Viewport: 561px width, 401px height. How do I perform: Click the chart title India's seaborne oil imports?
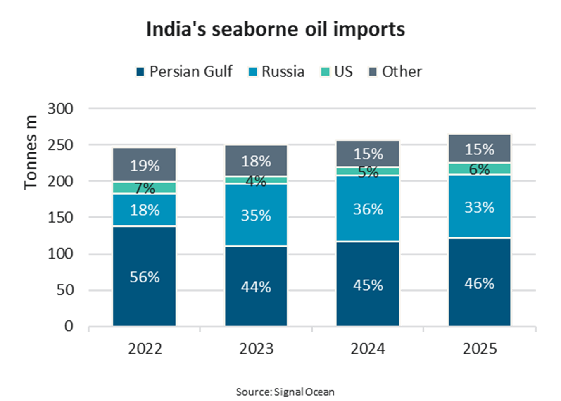(x=276, y=29)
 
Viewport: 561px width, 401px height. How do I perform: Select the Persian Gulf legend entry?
(x=184, y=71)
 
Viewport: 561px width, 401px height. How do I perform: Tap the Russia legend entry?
(x=276, y=71)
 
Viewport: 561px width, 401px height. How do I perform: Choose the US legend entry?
(x=337, y=71)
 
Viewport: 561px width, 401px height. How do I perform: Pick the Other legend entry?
(x=395, y=71)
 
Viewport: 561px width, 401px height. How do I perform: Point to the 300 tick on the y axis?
(x=60, y=109)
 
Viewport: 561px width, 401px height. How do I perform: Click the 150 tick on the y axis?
(x=60, y=217)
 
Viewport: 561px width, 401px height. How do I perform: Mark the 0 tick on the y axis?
(x=69, y=326)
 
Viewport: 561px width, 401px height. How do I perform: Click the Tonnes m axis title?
(x=31, y=152)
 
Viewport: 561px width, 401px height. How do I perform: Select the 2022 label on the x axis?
(x=145, y=349)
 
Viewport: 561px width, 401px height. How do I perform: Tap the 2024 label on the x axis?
(x=368, y=349)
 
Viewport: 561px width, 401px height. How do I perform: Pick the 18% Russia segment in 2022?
(x=145, y=210)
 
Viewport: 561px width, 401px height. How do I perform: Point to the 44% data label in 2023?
(x=256, y=287)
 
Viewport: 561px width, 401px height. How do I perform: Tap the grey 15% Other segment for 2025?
(x=479, y=149)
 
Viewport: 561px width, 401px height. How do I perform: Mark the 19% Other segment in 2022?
(x=145, y=165)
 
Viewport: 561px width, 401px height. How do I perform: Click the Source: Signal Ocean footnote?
(x=285, y=392)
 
